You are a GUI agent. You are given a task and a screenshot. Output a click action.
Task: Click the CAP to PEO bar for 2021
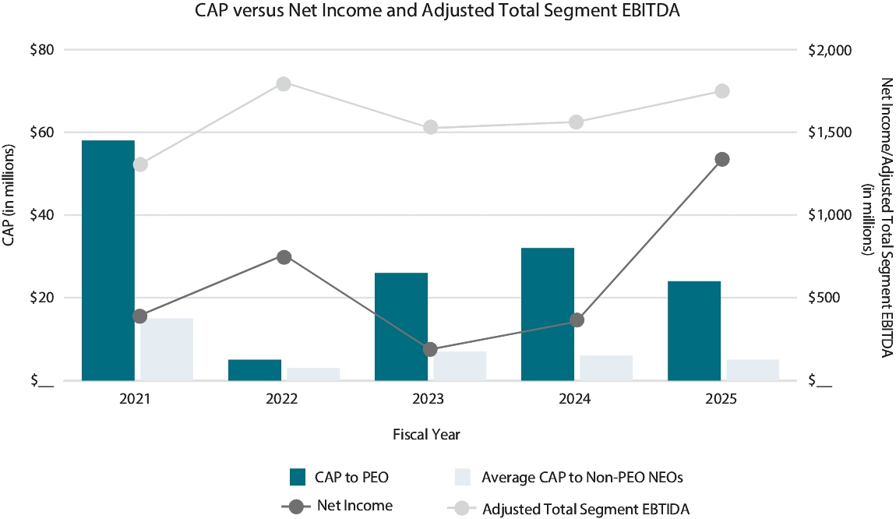[108, 260]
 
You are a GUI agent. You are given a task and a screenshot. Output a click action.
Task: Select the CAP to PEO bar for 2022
[255, 370]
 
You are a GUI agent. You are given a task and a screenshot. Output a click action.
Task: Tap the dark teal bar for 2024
[548, 314]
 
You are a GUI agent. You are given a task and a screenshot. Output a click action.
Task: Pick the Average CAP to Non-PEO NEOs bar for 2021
[167, 349]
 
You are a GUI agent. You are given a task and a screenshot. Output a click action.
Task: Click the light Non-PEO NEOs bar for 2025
[753, 370]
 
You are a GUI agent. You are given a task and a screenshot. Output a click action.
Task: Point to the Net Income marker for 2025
[722, 160]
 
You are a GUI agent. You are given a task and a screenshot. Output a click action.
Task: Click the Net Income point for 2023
[430, 349]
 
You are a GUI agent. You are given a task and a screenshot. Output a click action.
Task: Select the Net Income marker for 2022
[284, 257]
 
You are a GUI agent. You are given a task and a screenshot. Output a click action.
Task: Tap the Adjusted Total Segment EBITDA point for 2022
[284, 84]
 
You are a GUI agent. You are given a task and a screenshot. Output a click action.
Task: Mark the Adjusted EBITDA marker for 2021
[140, 164]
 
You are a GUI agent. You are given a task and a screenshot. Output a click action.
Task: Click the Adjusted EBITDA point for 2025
[722, 91]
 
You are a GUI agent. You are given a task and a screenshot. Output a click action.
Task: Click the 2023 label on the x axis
[429, 399]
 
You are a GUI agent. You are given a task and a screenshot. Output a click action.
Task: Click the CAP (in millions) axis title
[9, 195]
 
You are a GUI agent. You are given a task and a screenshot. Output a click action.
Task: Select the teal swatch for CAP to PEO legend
[297, 477]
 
